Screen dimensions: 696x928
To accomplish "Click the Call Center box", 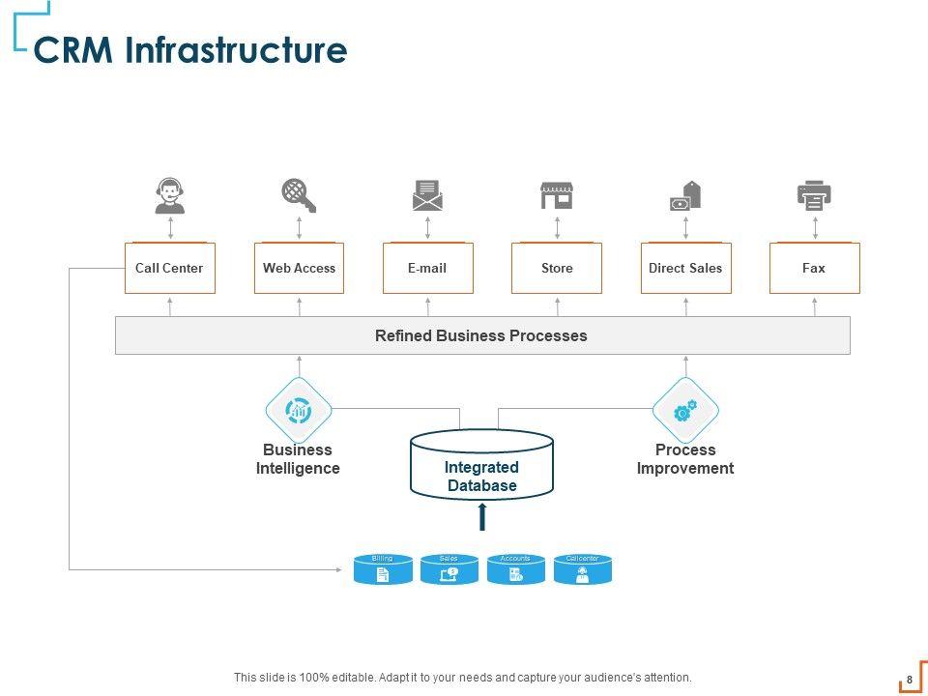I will [170, 268].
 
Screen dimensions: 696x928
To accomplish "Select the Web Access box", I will [299, 268].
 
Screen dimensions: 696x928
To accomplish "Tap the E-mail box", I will [427, 268].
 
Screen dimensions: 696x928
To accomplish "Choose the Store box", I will [557, 268].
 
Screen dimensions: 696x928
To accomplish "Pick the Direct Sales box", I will [685, 268].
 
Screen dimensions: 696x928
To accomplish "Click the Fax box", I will [814, 268].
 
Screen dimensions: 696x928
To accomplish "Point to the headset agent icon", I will [170, 195].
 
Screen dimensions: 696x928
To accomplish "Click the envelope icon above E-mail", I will [427, 195].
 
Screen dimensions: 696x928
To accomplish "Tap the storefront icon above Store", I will [557, 195].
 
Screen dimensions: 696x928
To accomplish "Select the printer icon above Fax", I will [814, 195].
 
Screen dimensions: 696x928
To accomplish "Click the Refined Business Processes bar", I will [481, 335].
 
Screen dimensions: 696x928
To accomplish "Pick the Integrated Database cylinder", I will [481, 466].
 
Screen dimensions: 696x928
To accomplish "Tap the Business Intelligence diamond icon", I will [299, 411].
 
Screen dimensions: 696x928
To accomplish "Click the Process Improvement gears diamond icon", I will [685, 411].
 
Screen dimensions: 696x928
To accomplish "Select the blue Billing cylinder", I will [383, 570].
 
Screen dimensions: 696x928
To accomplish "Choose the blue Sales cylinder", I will [449, 570].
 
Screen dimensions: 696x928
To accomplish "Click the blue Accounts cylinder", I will [516, 570].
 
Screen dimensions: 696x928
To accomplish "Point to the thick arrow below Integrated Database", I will [481, 517].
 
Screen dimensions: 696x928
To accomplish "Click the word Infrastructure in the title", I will [236, 50].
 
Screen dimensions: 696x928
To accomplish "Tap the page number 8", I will [910, 679].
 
